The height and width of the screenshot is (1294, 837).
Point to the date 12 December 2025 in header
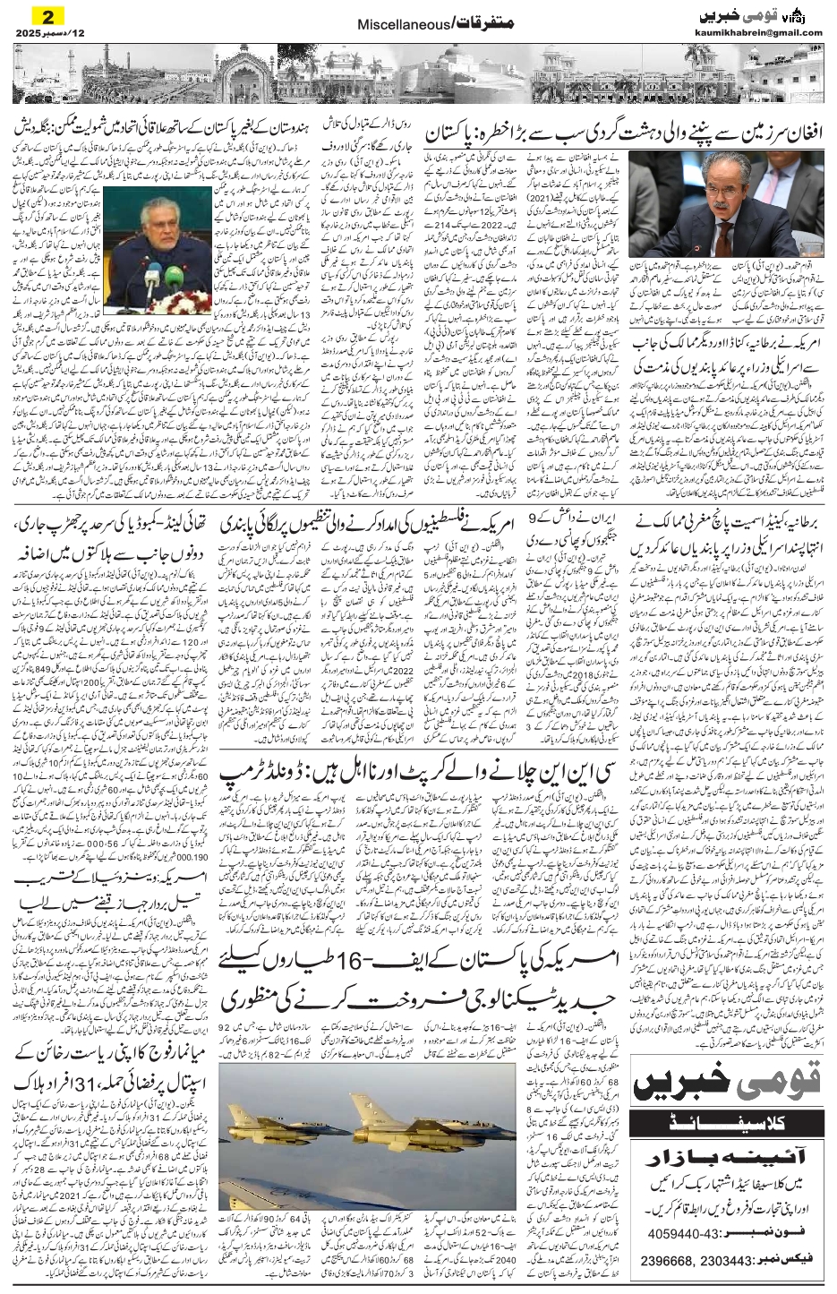pyautogui.click(x=40, y=33)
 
